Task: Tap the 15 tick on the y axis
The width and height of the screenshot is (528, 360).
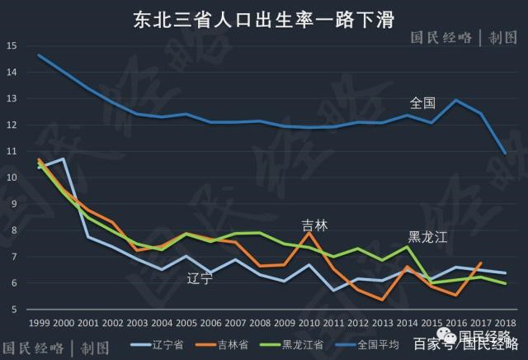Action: (x=11, y=45)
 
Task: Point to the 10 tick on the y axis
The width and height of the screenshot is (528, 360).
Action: (x=11, y=178)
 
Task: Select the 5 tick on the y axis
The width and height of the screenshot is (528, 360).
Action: (x=11, y=310)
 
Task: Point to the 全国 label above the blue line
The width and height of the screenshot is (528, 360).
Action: (x=422, y=103)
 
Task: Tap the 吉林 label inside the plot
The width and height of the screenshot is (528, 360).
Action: (x=314, y=224)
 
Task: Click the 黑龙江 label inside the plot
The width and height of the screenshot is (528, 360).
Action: (x=426, y=237)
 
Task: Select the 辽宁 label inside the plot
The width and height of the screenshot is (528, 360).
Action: (x=200, y=277)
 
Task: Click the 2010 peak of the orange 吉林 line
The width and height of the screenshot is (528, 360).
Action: (x=309, y=233)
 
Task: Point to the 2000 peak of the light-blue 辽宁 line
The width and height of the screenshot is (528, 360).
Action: (x=64, y=159)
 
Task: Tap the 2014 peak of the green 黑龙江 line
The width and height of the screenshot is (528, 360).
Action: (x=408, y=247)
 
